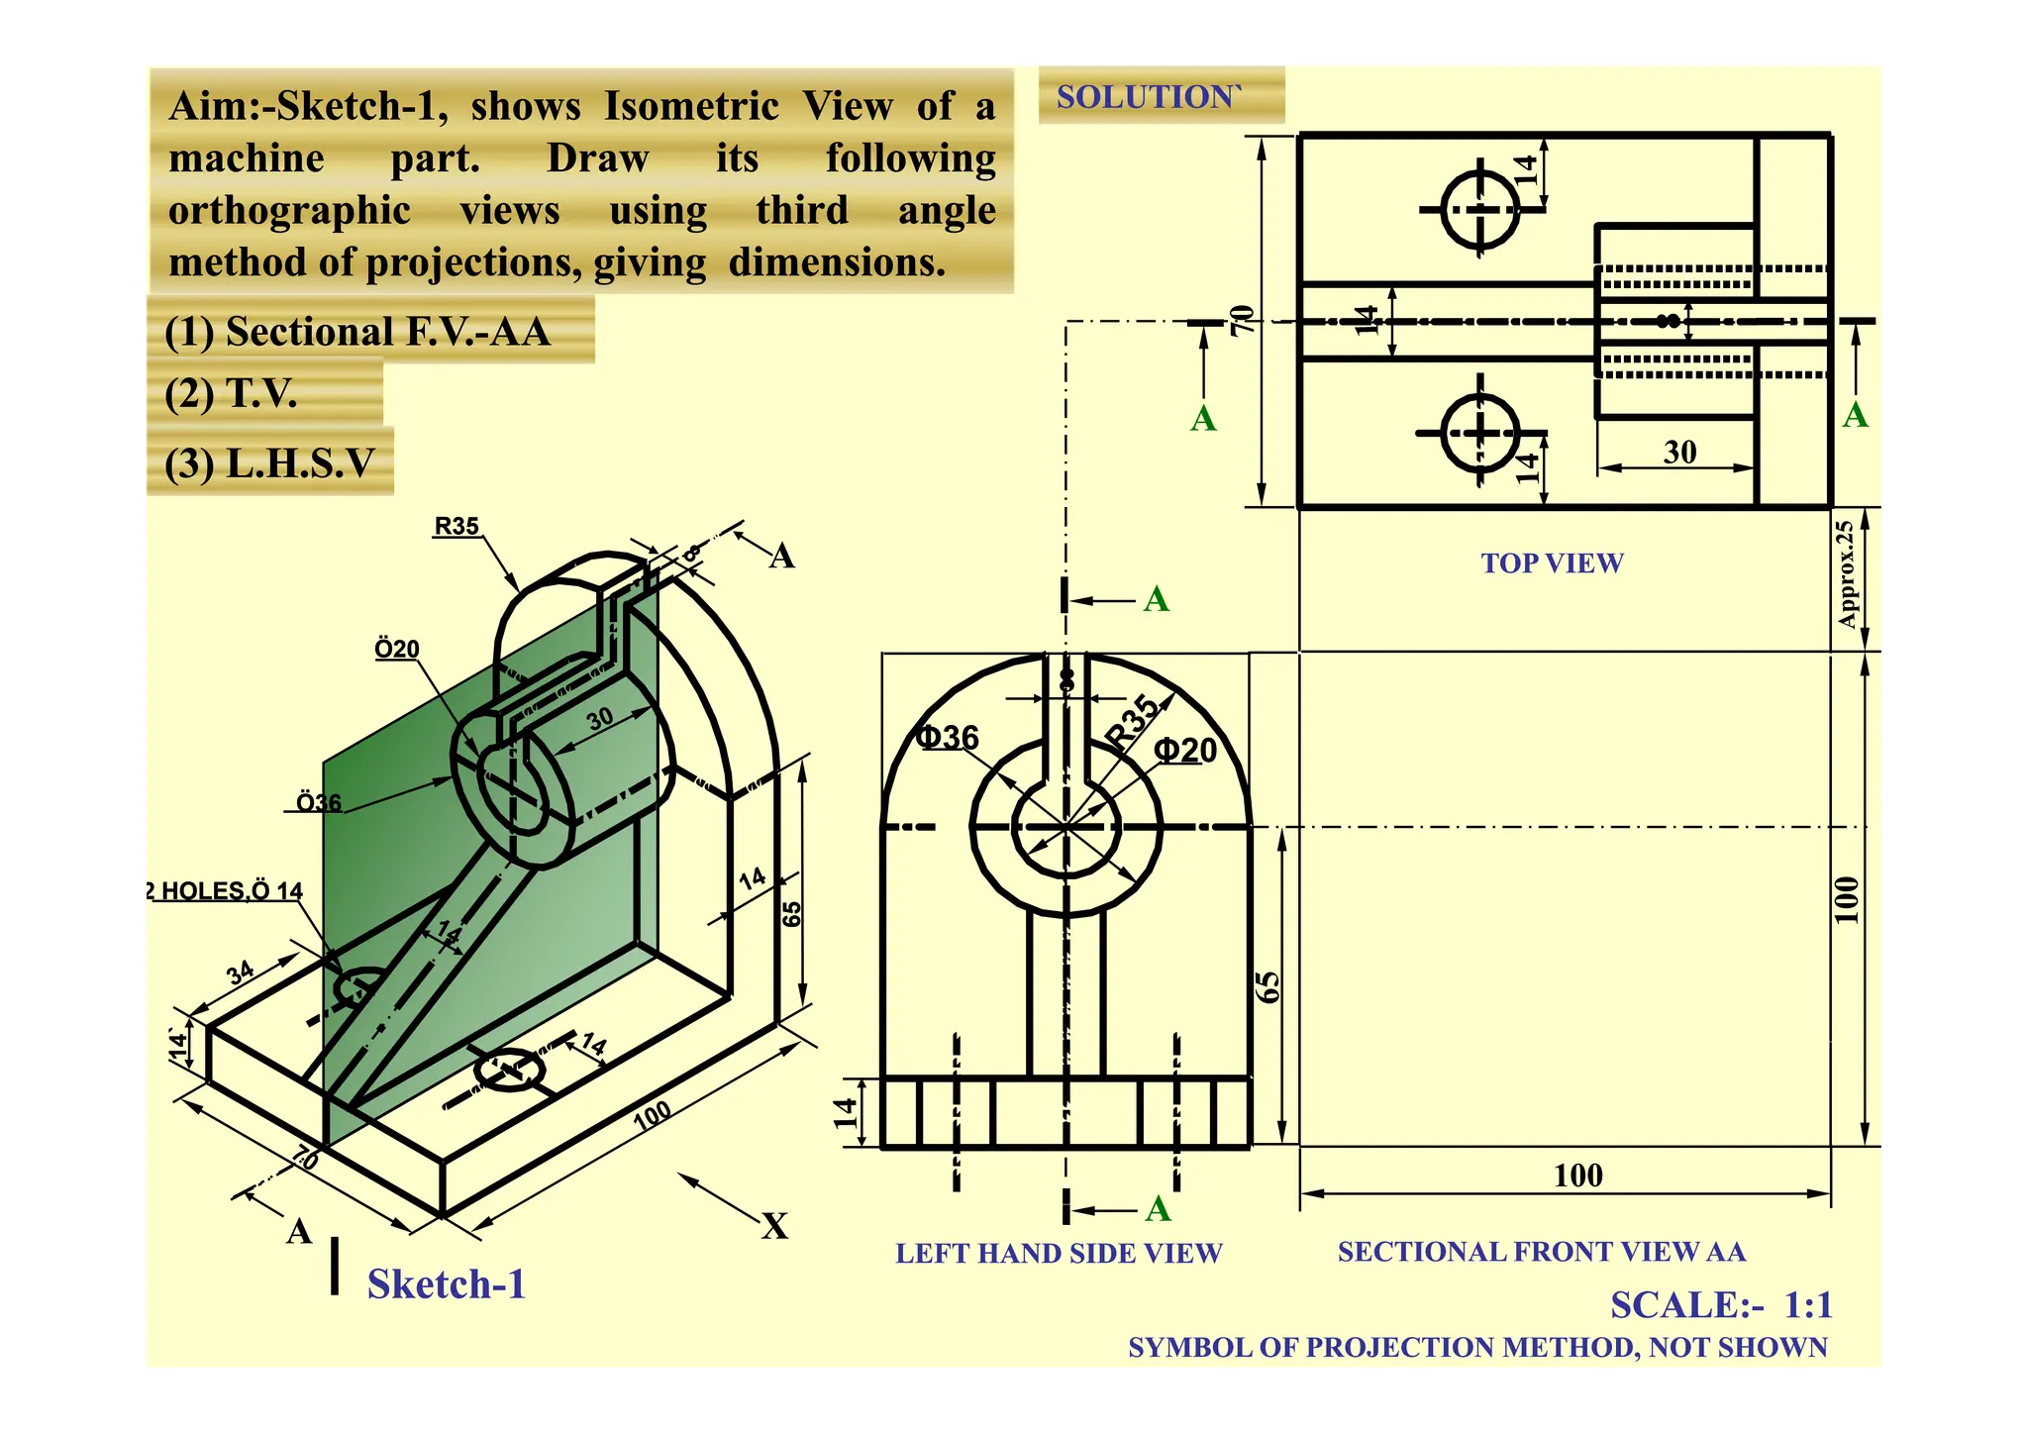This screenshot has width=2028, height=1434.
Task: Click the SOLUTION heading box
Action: point(1160,96)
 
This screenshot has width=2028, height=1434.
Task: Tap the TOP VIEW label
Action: point(1551,563)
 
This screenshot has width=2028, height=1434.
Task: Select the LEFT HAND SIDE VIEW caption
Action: point(1058,1254)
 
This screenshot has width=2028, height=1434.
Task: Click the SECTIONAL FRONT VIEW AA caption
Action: point(1541,1252)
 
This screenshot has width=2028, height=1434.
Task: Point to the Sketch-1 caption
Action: point(446,1284)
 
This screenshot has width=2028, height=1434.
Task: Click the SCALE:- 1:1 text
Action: point(1720,1305)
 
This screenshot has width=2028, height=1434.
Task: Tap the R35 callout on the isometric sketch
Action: point(456,526)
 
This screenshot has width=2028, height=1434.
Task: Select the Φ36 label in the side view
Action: point(947,737)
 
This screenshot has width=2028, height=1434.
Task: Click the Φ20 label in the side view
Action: point(1184,751)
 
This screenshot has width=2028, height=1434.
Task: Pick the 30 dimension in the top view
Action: point(1679,453)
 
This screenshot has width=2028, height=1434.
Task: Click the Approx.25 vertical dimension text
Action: point(1845,574)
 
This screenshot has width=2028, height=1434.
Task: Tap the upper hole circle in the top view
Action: point(1480,209)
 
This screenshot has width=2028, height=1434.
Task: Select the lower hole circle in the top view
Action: point(1480,433)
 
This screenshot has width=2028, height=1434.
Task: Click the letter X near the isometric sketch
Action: point(774,1226)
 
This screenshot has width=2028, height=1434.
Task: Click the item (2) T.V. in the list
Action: point(231,393)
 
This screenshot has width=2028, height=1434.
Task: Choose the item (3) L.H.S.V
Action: point(269,462)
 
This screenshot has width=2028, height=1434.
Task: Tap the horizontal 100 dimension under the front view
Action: point(1577,1176)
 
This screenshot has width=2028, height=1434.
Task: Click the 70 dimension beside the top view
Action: point(1240,320)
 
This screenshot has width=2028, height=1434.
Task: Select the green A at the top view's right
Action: point(1855,415)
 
